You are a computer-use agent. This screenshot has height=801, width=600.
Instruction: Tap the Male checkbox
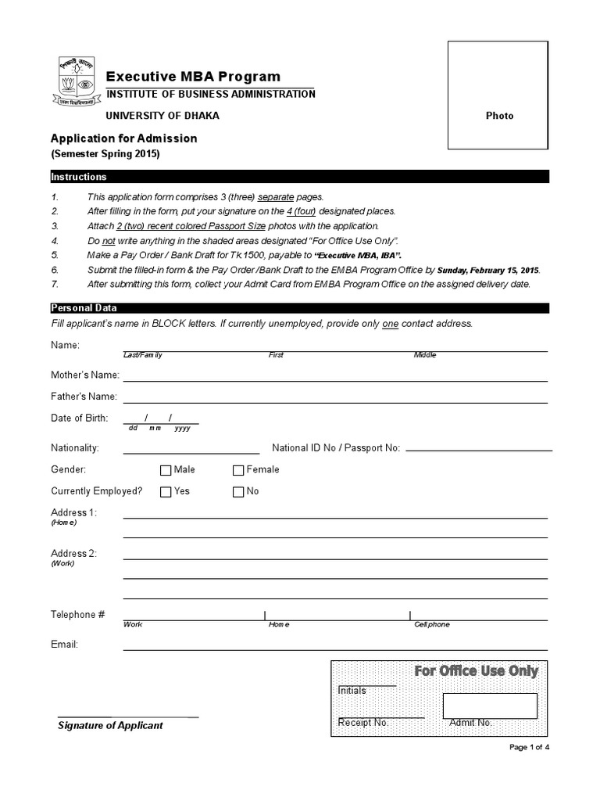[166, 471]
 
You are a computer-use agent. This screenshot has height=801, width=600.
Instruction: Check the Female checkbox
[238, 471]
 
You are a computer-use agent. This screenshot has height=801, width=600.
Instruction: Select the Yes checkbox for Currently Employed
[166, 492]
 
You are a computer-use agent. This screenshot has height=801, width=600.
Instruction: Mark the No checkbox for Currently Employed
[238, 492]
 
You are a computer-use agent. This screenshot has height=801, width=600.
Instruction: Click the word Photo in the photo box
[500, 116]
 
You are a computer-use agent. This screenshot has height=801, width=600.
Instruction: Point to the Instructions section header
[79, 177]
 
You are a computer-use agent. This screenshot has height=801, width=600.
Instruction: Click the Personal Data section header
[84, 308]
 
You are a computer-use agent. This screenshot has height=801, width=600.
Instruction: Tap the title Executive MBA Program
[193, 77]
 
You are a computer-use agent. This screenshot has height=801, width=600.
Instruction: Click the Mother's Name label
[85, 375]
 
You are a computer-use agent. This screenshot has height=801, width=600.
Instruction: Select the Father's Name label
[84, 397]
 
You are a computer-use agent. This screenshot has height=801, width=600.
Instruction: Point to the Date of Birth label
[80, 418]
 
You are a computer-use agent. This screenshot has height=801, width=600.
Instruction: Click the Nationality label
[75, 448]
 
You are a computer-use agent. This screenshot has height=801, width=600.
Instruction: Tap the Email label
[64, 645]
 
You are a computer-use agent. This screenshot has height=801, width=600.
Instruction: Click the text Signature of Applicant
[110, 725]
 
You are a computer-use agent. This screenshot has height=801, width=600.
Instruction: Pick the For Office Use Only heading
[476, 671]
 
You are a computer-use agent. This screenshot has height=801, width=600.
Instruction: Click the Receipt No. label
[362, 723]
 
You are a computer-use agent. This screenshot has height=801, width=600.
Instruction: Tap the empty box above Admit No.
[490, 706]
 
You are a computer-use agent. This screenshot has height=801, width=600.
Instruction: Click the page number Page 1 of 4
[530, 748]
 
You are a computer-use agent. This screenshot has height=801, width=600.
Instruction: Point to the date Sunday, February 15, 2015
[487, 271]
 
